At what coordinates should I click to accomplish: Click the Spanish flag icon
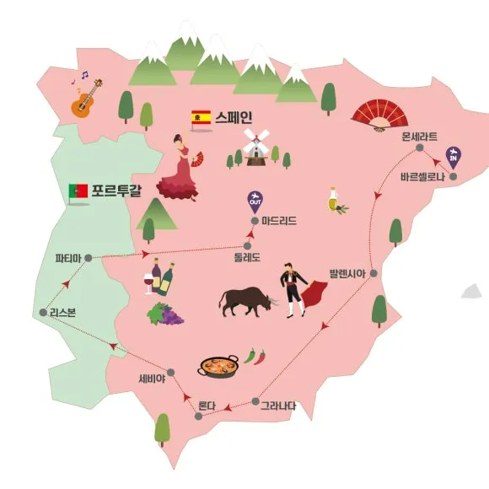click(201, 117)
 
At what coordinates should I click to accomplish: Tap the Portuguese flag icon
click(78, 191)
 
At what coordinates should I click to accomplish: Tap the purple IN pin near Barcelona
click(454, 155)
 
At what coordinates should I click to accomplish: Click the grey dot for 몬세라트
click(419, 149)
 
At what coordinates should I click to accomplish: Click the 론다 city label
click(207, 406)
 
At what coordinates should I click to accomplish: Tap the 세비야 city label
click(152, 378)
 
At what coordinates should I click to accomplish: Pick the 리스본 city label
click(62, 312)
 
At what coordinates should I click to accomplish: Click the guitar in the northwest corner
click(86, 94)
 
